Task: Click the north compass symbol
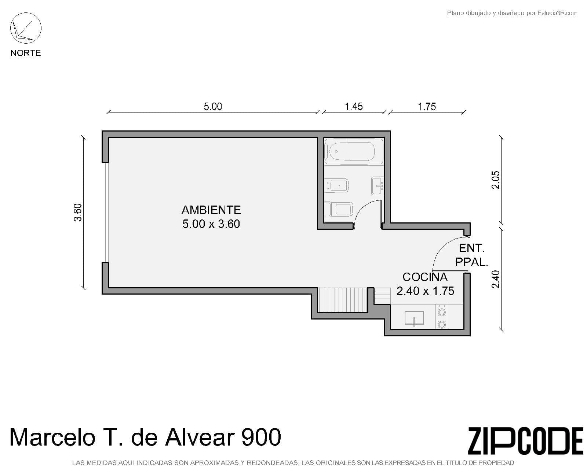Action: click(26, 28)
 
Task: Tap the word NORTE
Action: click(26, 53)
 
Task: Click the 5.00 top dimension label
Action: click(213, 107)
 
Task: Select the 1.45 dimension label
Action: click(354, 107)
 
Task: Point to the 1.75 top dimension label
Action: click(427, 107)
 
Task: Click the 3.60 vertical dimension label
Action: click(78, 213)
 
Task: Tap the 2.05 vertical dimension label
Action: click(496, 180)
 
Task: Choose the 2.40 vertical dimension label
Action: click(496, 279)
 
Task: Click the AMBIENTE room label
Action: click(211, 210)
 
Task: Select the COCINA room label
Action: click(425, 277)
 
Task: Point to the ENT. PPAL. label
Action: click(471, 255)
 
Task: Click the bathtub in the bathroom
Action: click(352, 151)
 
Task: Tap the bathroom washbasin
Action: click(377, 185)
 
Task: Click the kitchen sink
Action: click(414, 318)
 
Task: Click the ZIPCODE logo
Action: click(525, 441)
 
